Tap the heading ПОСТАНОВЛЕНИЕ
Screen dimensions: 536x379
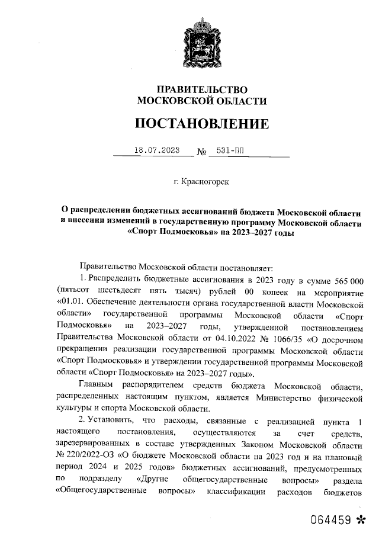[201, 124]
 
